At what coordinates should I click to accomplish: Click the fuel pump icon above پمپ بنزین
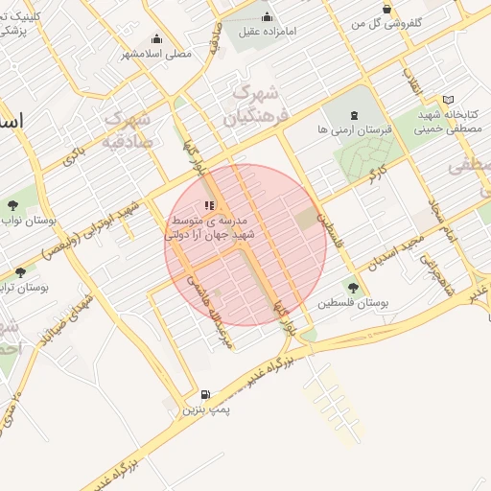pos(204,394)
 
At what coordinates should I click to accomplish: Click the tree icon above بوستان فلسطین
pos(353,287)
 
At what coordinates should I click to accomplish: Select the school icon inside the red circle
pos(210,205)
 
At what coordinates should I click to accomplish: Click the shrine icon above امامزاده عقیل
pos(267,16)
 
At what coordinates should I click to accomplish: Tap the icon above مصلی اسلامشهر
pos(156,39)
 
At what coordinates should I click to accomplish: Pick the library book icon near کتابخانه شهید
pos(449,100)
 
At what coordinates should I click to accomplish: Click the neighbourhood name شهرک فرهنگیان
pos(254,105)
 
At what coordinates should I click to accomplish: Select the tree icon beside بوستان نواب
pos(12,205)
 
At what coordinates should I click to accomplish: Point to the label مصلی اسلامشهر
pos(156,54)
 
